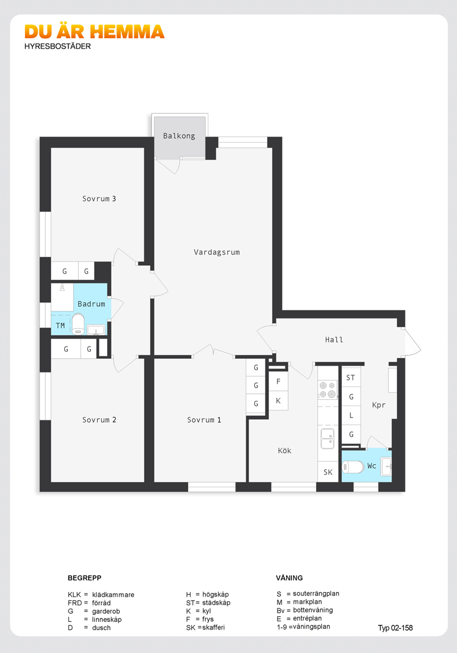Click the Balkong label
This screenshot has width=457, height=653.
coord(179,136)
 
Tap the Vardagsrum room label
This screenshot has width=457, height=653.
coord(216,252)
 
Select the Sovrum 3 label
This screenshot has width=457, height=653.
coord(99,199)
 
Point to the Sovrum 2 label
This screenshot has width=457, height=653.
coord(99,420)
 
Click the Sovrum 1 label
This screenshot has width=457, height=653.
coord(204,420)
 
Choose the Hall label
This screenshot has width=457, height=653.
coord(334,340)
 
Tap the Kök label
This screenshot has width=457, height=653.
coord(284,451)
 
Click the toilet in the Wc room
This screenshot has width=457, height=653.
coord(353,466)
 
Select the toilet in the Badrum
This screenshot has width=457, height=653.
coord(78,324)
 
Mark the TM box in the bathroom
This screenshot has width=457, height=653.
coord(60,326)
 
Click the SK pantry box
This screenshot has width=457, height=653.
coord(328,472)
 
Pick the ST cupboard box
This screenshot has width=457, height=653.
coord(351,378)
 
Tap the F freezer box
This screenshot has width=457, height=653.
coord(279,381)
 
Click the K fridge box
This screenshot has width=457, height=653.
coord(279,401)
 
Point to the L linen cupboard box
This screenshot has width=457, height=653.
coord(351,415)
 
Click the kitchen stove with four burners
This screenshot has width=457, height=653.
coord(327,390)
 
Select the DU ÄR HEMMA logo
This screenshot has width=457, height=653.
coord(94,32)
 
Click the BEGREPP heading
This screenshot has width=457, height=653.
coord(85,578)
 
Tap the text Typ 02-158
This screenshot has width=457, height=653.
coord(395,628)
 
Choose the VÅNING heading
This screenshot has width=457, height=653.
coord(290,578)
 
